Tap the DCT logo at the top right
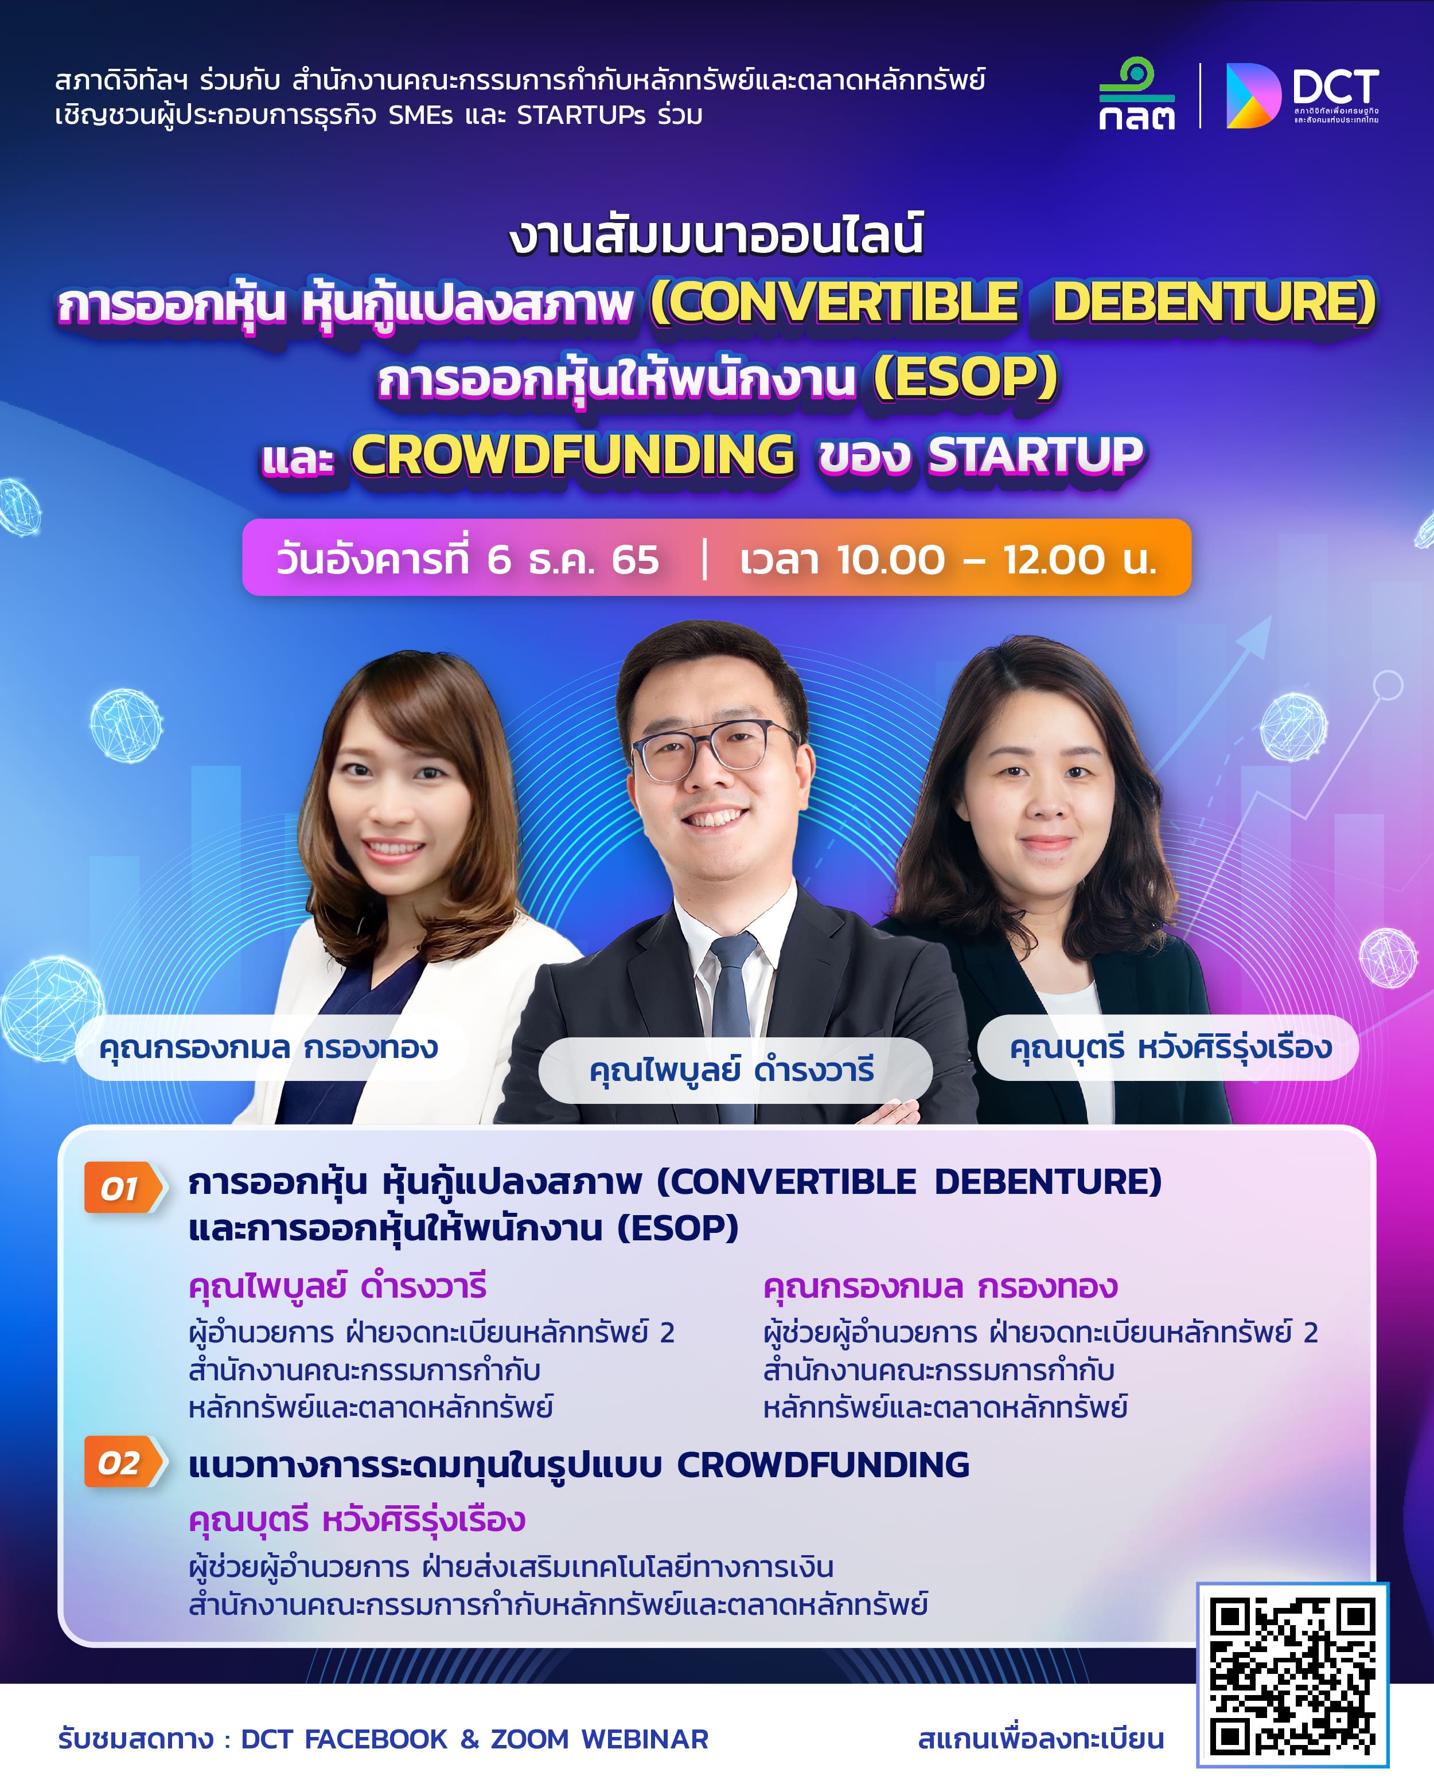(1302, 96)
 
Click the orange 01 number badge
(124, 1188)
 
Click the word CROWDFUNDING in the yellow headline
(572, 455)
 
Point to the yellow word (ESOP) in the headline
(965, 378)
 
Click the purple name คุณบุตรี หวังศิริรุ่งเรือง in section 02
(357, 1520)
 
